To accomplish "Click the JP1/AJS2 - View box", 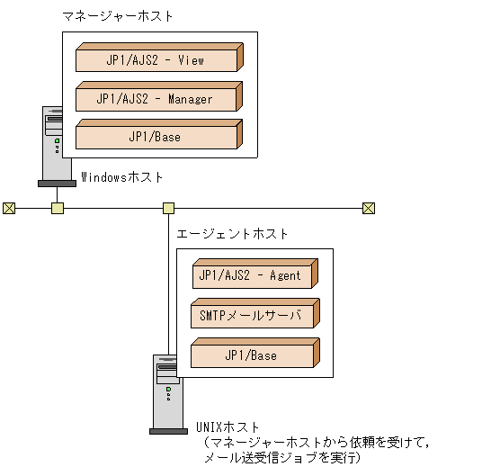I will coord(156,60).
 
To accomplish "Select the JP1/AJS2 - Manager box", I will coord(156,99).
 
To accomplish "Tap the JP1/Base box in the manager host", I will coord(156,138).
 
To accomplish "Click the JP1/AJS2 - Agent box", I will coord(253,275).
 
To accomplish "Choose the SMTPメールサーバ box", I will coord(253,316).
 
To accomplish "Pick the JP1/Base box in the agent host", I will coord(253,355).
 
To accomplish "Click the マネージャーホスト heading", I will coord(118,16).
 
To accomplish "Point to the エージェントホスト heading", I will coord(233,233).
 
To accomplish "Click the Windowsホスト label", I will coord(123,176).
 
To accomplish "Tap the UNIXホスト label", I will coord(227,426).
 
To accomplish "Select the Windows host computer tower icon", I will coord(57,144).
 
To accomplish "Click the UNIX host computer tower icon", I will coord(168,392).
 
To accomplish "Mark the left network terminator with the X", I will coord(9,209).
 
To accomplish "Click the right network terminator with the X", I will coord(368,209).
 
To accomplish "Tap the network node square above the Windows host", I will coord(58,209).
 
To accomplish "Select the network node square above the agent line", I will coord(168,209).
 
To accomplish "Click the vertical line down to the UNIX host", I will coord(168,288).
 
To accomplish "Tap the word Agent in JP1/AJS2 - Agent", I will coord(285,275).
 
